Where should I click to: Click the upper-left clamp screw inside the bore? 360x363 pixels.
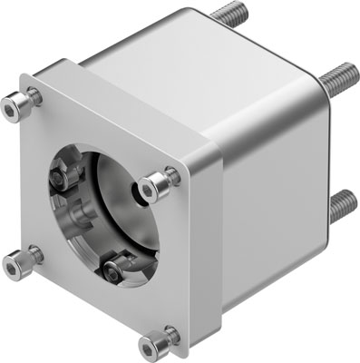pyautogui.click(x=65, y=169)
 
